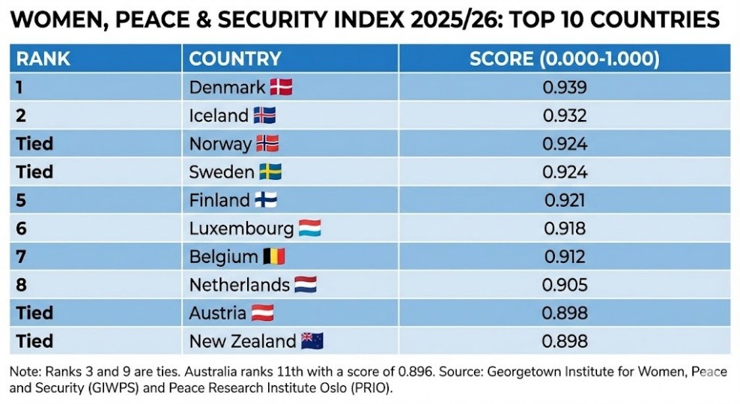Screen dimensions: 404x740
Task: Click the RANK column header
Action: [43, 58]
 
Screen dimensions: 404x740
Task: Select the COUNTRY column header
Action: [234, 58]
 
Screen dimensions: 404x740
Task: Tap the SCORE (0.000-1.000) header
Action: [564, 58]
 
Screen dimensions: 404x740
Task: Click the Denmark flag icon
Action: [281, 87]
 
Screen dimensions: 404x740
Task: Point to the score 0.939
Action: [564, 87]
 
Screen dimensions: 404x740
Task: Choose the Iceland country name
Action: [219, 115]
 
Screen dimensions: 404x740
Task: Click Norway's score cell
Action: [564, 144]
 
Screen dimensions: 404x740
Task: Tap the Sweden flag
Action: [270, 172]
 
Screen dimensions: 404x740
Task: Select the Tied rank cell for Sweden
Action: [35, 172]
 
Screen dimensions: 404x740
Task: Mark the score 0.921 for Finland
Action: [564, 200]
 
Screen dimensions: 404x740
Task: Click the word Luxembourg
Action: [241, 229]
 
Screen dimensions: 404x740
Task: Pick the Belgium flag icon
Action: [274, 257]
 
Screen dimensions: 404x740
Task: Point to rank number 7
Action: [21, 257]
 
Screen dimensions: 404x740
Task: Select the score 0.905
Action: [564, 285]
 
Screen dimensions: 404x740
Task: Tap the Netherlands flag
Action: [306, 285]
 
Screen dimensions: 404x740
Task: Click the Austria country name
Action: [218, 313]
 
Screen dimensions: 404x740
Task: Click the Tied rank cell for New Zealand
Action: [35, 341]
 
